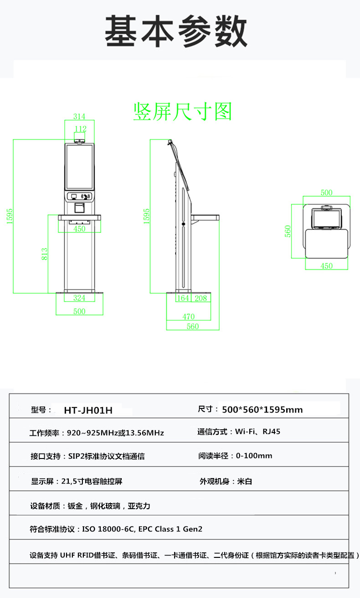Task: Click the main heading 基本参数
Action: [176, 31]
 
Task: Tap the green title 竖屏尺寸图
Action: [182, 112]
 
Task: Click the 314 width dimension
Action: [79, 117]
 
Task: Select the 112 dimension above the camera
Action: [80, 129]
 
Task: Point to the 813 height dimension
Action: [44, 254]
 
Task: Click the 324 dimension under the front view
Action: [79, 298]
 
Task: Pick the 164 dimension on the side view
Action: [183, 298]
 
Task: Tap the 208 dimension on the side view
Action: [201, 298]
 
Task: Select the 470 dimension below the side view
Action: [189, 316]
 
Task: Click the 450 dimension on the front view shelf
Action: [79, 229]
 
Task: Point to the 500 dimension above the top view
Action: [326, 192]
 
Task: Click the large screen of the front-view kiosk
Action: [79, 166]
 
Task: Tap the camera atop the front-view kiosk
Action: [80, 141]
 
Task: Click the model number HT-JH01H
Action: [88, 410]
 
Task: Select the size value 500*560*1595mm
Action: [262, 409]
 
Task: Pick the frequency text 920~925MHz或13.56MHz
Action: [115, 433]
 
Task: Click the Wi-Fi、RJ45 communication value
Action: [257, 431]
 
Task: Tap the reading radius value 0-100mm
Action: [254, 456]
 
